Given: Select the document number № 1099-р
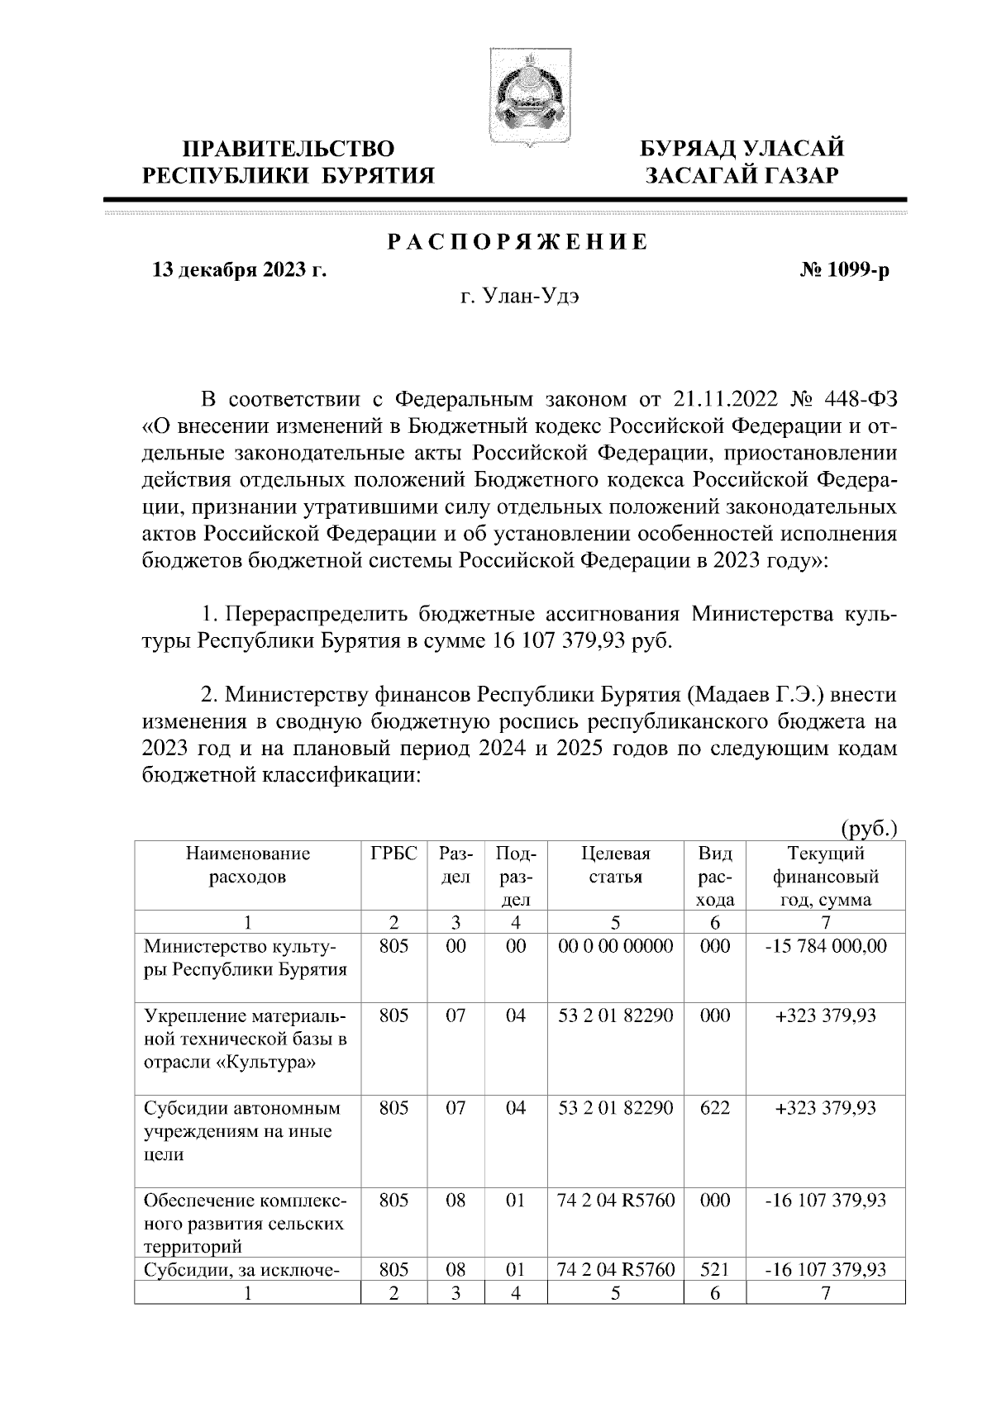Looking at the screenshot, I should [838, 270].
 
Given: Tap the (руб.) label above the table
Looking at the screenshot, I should [869, 828].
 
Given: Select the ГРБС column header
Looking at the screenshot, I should [394, 854].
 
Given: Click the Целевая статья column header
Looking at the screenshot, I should [615, 865].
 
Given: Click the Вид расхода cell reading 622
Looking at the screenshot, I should [714, 1108].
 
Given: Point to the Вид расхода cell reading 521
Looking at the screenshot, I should [714, 1269].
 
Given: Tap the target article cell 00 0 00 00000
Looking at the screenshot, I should [615, 946].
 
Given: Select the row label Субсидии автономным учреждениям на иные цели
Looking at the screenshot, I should [242, 1131].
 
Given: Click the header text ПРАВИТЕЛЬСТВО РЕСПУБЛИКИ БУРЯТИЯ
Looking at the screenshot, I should [289, 162].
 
